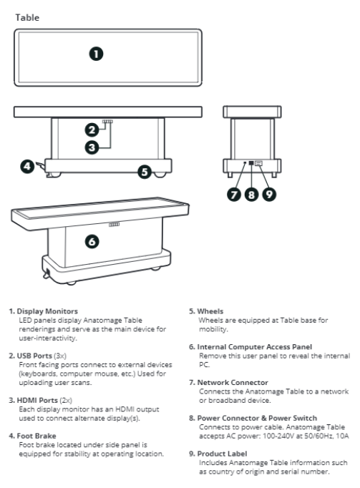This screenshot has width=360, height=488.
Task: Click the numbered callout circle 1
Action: (x=96, y=54)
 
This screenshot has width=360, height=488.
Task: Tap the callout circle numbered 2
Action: (x=92, y=130)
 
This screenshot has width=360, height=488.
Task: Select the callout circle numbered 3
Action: (x=92, y=147)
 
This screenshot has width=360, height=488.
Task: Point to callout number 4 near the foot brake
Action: (x=27, y=166)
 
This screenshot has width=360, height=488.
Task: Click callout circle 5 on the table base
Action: (x=145, y=172)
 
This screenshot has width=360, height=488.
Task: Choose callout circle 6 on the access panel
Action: (x=92, y=242)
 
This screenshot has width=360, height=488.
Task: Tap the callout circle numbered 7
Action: (x=234, y=195)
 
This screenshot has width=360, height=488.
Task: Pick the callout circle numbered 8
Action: (x=252, y=195)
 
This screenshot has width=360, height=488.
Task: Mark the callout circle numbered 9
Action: (x=269, y=195)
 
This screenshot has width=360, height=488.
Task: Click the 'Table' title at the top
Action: (x=27, y=17)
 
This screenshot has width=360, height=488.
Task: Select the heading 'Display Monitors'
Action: (x=47, y=311)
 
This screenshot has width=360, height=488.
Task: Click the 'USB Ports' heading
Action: (x=34, y=356)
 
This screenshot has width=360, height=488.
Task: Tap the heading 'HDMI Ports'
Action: (x=37, y=400)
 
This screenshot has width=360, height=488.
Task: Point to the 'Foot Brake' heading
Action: (x=37, y=436)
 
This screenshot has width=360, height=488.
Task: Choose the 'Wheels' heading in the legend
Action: (x=210, y=311)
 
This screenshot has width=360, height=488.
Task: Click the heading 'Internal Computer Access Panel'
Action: (x=254, y=347)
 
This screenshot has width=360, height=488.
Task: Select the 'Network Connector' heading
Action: (x=233, y=382)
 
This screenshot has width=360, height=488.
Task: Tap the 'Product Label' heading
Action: (x=222, y=454)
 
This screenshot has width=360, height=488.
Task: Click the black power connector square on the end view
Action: (x=251, y=162)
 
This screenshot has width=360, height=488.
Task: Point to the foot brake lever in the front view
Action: (x=40, y=165)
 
